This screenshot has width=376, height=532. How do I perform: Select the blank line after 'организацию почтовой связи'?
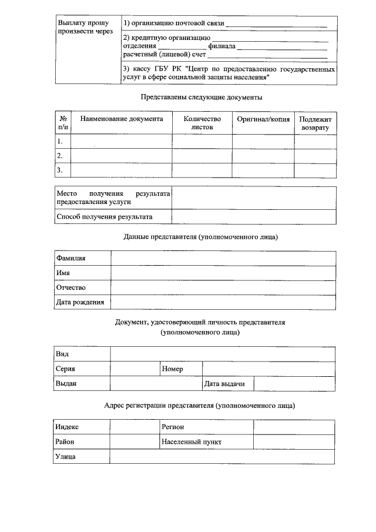(276, 24)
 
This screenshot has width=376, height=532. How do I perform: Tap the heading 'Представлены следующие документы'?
(202, 97)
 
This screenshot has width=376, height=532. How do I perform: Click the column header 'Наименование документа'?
(122, 119)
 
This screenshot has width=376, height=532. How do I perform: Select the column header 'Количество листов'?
(202, 122)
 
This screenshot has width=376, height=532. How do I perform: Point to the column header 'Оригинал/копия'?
(263, 119)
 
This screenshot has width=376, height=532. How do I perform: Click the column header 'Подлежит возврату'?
(315, 122)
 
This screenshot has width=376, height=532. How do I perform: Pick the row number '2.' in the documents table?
(60, 156)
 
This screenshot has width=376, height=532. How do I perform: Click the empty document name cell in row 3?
(122, 170)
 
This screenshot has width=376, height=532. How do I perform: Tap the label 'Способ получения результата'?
(104, 217)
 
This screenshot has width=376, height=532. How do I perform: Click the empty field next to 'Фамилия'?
(223, 258)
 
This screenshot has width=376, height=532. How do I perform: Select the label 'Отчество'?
(71, 287)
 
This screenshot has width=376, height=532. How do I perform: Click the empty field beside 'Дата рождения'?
(223, 302)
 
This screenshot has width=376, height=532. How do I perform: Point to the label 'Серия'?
(65, 369)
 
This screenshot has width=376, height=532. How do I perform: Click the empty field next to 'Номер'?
(268, 369)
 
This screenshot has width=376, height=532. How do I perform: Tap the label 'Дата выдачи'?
(220, 383)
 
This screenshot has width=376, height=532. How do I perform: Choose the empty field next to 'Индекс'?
(135, 427)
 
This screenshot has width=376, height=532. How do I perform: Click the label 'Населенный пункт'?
(192, 441)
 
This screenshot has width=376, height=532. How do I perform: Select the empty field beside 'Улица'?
(223, 456)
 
